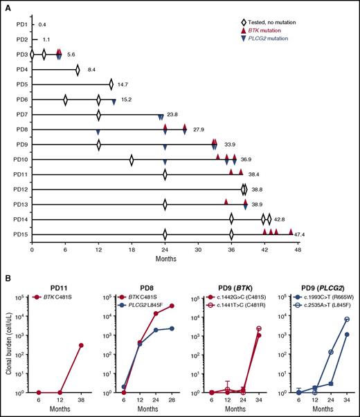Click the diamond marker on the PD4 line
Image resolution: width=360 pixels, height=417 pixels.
tap(78, 69)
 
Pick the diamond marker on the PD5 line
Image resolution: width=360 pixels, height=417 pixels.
tap(111, 84)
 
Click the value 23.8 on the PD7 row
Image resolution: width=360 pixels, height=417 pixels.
tap(173, 114)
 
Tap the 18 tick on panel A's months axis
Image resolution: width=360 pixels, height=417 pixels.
tap(132, 248)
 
